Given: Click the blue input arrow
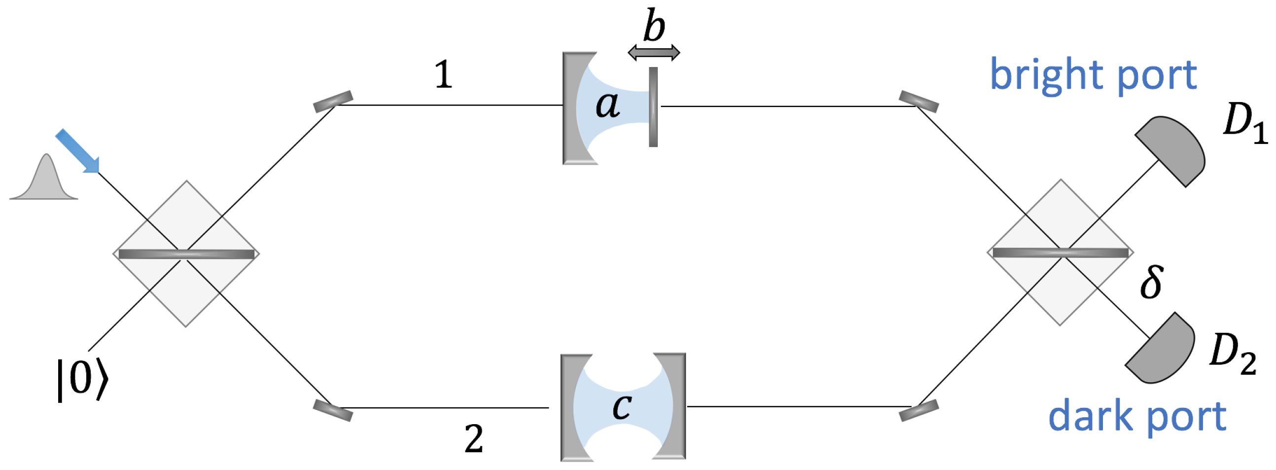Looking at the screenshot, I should point(77,151).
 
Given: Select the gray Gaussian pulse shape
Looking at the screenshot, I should point(44,181).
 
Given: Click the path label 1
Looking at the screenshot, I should point(443,75).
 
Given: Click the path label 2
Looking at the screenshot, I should point(473,439).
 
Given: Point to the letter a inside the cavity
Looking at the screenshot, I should point(607,105).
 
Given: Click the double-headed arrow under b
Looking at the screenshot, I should point(654,52).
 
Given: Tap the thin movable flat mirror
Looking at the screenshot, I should point(653,107).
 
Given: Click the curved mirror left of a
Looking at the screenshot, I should point(574,108).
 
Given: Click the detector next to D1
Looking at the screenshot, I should point(1173,149).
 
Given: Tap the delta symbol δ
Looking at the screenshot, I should point(1150,282).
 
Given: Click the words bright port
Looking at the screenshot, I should point(1093,75).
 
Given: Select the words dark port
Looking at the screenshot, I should point(1137,417).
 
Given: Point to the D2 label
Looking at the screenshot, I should point(1233,354).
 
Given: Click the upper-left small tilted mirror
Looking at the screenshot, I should point(333,101).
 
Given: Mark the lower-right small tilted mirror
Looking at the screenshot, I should point(919,410).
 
